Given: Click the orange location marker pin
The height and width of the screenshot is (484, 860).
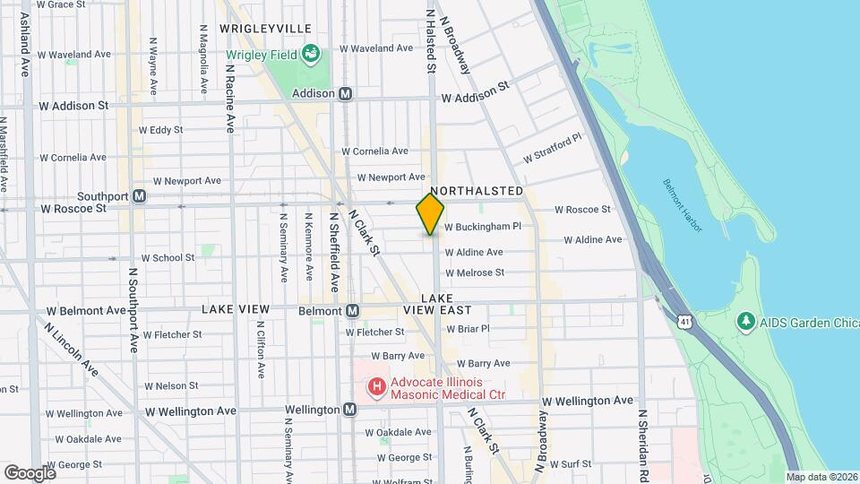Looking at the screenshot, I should [x=430, y=213].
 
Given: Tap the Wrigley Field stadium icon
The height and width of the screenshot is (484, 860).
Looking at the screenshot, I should [x=311, y=55].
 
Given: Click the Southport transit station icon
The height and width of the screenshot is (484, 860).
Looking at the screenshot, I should [x=139, y=196].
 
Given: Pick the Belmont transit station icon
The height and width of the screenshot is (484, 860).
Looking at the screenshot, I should [x=353, y=311].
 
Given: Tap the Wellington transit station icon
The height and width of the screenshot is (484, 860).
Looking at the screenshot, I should [x=349, y=410].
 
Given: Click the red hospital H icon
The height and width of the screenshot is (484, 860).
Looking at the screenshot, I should [x=377, y=387].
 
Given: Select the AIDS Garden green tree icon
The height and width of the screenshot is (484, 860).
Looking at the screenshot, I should [x=744, y=321].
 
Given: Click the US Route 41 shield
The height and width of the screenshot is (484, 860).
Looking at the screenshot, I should [x=684, y=320].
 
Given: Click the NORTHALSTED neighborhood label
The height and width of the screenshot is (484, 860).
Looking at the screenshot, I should [x=477, y=192].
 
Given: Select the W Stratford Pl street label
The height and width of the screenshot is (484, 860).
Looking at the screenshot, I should [x=553, y=148].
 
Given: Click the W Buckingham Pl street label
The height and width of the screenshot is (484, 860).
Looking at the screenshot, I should [x=483, y=227].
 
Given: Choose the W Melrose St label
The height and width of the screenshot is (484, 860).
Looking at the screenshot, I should [x=475, y=272].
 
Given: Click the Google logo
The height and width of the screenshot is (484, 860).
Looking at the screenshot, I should [x=29, y=472].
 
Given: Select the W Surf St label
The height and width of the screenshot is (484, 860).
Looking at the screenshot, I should [x=572, y=464].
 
